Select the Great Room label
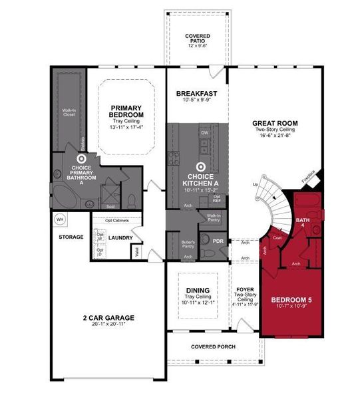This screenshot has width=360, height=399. [x=274, y=124]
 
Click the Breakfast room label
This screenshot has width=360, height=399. [x=197, y=94]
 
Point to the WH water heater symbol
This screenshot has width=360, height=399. [x=59, y=219]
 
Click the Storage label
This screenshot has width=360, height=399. [x=71, y=237]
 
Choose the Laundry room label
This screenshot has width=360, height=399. [x=122, y=237]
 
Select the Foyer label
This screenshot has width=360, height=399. [x=245, y=290]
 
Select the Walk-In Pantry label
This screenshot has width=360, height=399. [x=214, y=218]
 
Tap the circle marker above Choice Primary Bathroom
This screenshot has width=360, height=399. [x=82, y=159]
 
